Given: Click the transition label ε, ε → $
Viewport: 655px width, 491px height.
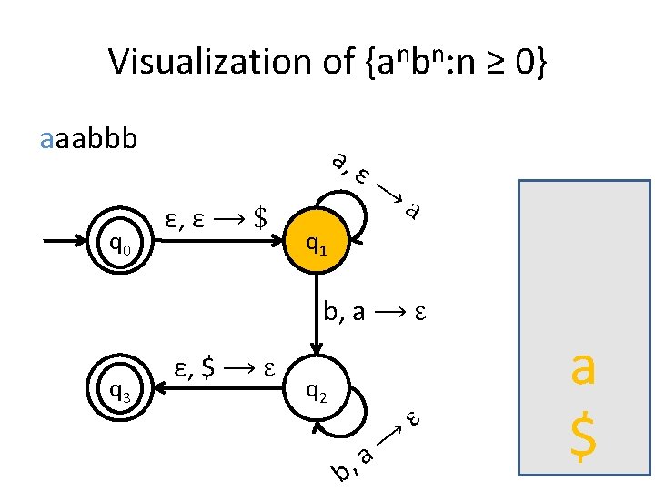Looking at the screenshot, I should click(x=217, y=218).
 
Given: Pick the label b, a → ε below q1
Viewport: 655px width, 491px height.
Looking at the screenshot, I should click(x=375, y=313).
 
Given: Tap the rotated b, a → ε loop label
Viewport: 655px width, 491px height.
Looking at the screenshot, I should click(x=375, y=446).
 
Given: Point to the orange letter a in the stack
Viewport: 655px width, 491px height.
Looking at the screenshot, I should click(x=582, y=370).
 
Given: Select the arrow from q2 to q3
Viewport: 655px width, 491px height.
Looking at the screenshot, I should click(x=218, y=390).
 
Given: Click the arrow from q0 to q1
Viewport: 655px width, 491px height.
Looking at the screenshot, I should click(x=218, y=243).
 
